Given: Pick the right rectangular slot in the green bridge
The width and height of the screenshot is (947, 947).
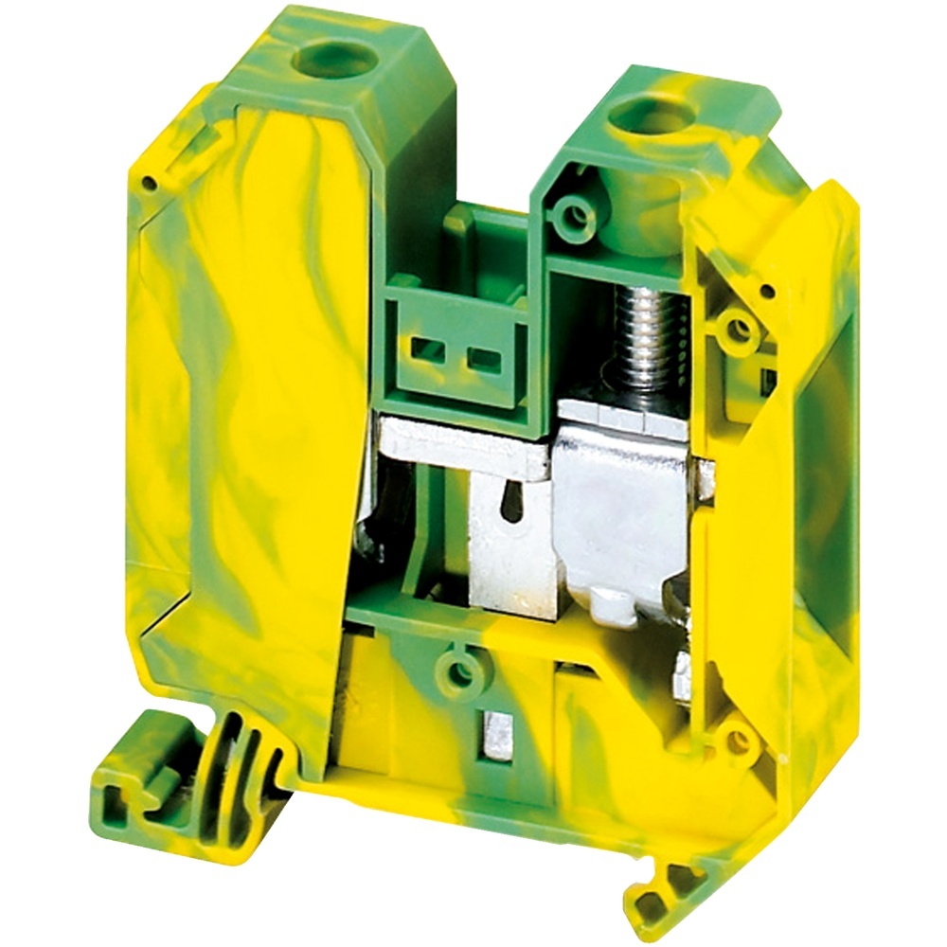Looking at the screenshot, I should [x=483, y=358].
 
